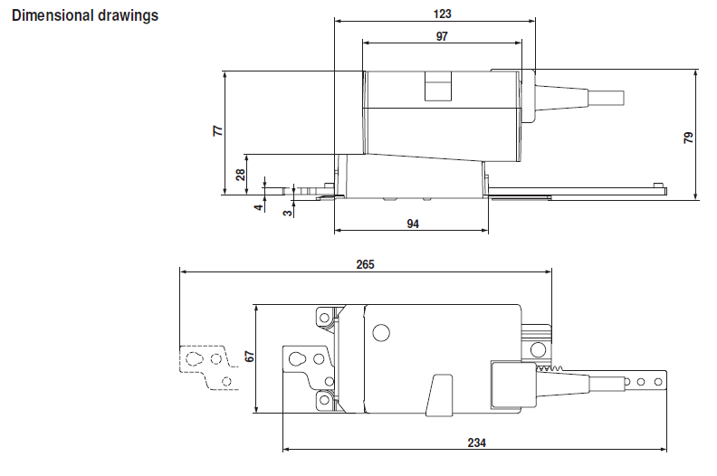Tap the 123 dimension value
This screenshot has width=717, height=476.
442,14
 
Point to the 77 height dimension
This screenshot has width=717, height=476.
217,131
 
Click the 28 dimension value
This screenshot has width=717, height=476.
241,174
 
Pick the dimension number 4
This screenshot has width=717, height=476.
258,207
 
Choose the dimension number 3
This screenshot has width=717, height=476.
287,212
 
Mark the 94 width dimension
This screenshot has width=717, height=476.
413,224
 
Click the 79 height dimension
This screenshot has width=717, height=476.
689,138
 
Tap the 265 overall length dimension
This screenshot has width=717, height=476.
365,264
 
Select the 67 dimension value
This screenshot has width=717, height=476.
244,357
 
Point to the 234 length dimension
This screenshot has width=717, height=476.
476,443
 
